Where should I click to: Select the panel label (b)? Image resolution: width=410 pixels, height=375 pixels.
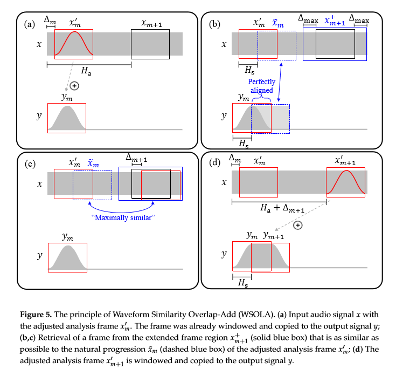[x=214, y=24]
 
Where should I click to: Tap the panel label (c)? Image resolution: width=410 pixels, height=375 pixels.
[x=29, y=163]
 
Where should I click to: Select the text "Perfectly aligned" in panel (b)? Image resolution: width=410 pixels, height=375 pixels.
[x=261, y=86]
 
